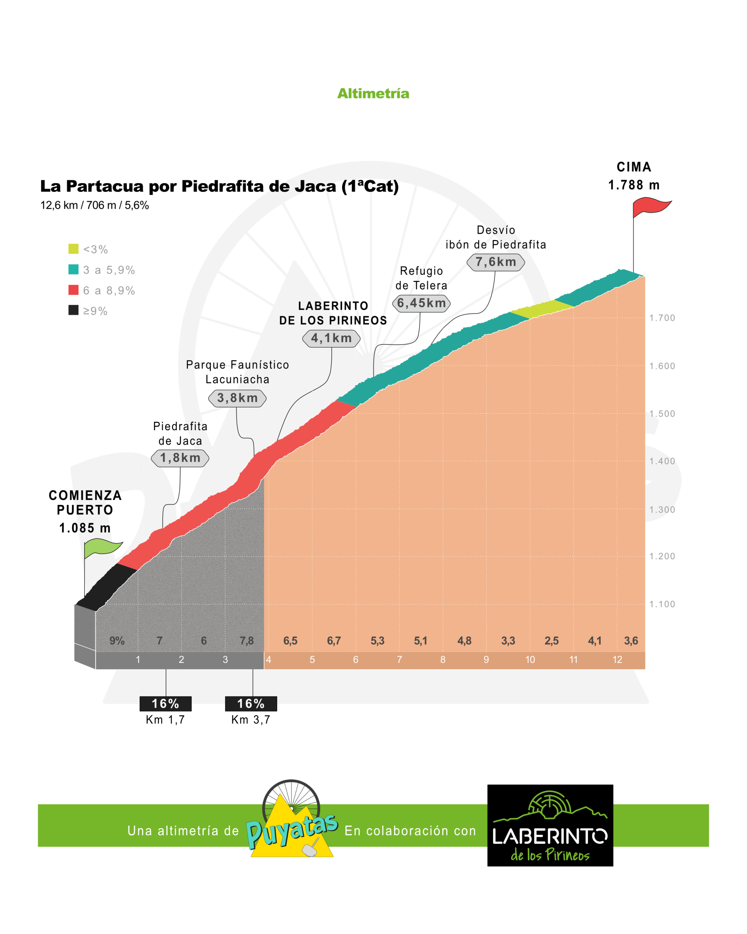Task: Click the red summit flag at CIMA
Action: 650,207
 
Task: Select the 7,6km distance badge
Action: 496,262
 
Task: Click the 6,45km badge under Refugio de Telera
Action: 421,303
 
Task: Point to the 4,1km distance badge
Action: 331,338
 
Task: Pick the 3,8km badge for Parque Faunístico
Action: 237,398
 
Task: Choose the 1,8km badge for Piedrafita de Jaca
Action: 180,458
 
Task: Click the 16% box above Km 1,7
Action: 166,703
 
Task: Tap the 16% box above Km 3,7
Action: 251,703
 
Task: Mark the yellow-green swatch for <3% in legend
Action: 74,249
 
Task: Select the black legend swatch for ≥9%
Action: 74,310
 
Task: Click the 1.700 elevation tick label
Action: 662,318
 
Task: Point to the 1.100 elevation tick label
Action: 662,604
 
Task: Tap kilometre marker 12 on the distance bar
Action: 617,660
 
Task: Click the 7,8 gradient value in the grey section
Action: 247,641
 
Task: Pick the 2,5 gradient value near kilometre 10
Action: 551,641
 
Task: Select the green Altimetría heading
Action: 373,93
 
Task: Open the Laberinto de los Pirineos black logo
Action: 550,825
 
